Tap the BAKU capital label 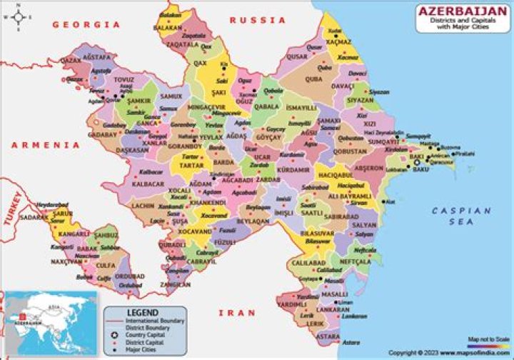[421, 170]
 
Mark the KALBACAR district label [148, 184]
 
